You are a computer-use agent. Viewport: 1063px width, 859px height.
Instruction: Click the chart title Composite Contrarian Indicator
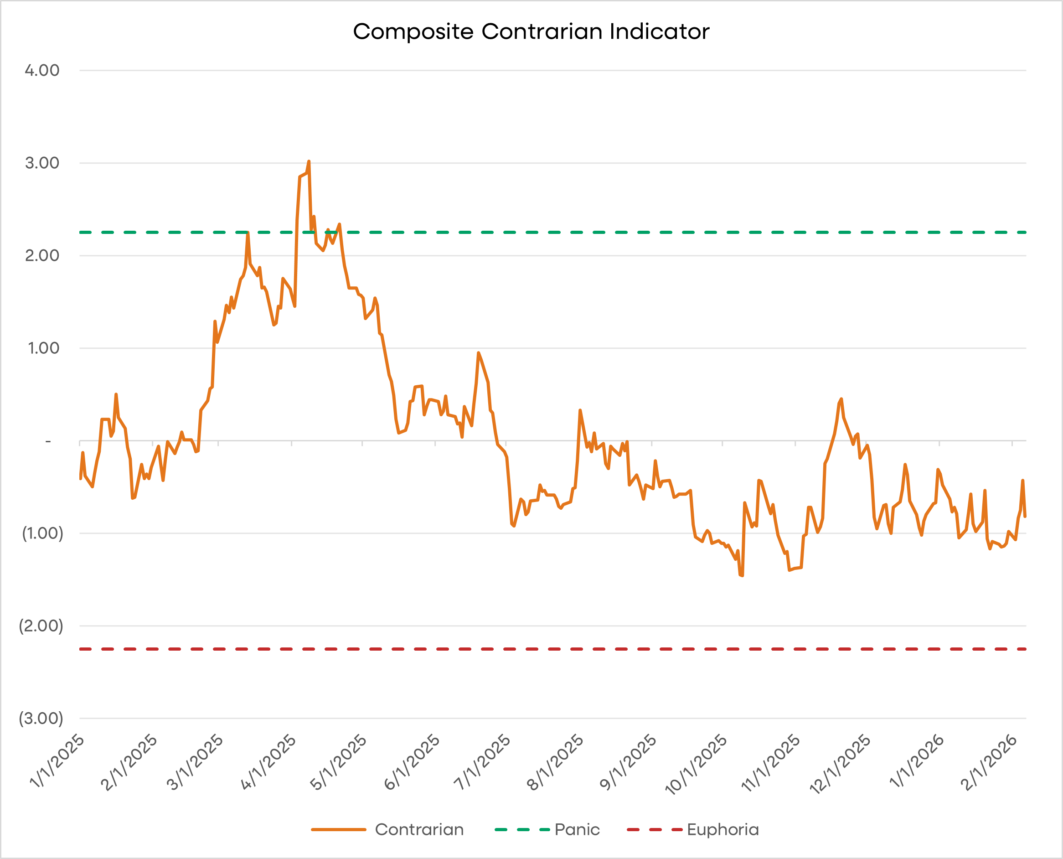[531, 31]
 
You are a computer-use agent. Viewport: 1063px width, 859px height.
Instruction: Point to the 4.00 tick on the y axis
[42, 70]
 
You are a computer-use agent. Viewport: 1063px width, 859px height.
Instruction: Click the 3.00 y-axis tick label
[42, 163]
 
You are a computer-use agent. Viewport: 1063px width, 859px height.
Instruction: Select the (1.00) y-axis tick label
[42, 533]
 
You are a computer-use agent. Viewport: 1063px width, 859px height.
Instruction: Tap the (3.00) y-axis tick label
[41, 719]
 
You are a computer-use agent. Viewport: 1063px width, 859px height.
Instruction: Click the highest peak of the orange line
[309, 161]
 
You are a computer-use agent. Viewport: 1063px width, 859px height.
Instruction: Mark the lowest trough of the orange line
[742, 575]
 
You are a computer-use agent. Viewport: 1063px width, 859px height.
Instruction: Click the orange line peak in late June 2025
[478, 353]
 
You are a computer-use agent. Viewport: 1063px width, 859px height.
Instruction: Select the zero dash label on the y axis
[48, 441]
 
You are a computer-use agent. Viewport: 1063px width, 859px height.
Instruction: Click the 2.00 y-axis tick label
[42, 255]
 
